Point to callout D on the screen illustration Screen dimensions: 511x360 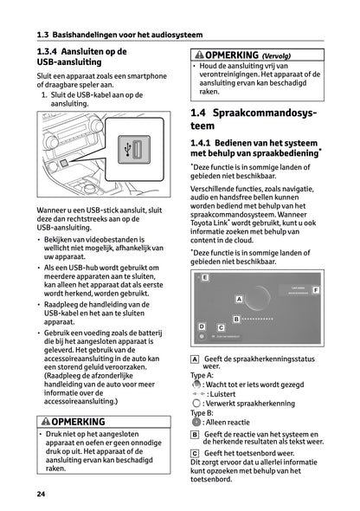coord(201,327)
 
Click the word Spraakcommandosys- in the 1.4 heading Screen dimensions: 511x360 coord(269,113)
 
